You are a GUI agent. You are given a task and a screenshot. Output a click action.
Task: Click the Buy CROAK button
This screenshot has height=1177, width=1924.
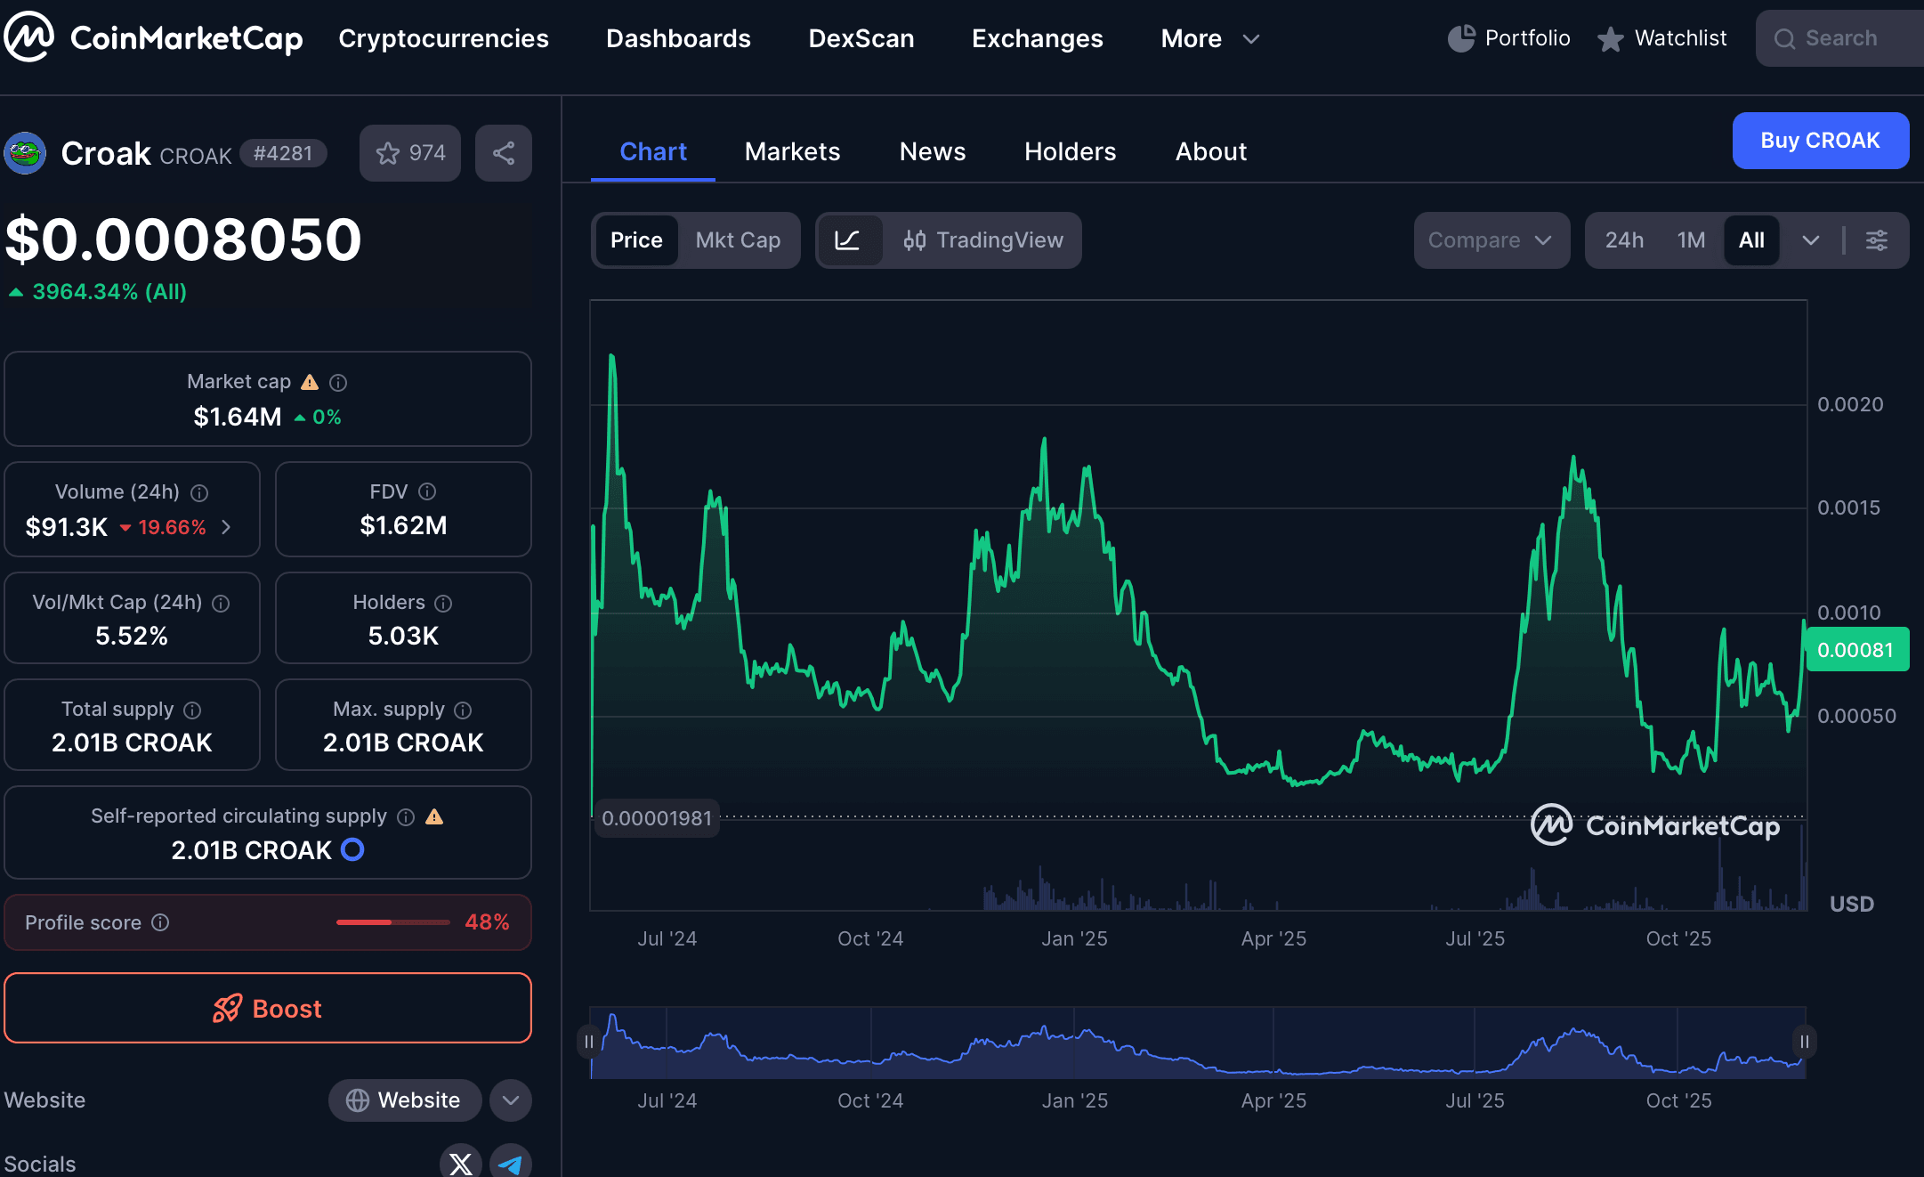coord(1820,141)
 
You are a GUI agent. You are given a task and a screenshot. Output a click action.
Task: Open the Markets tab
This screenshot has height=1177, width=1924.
coord(792,151)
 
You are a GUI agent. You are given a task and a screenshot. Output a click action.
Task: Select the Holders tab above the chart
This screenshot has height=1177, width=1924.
coord(1070,151)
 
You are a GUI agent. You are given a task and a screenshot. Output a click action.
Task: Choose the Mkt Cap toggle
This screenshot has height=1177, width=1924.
coord(738,240)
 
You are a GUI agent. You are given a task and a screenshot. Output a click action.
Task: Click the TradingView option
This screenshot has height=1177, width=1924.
coord(983,240)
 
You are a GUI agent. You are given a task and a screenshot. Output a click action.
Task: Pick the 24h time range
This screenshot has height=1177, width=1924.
coord(1624,240)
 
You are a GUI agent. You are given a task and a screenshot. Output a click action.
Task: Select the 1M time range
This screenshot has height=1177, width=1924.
coord(1691,240)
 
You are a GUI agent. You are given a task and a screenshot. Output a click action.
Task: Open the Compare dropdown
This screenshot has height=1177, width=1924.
coord(1491,240)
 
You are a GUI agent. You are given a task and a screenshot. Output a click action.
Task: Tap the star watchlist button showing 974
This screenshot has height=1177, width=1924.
coord(410,153)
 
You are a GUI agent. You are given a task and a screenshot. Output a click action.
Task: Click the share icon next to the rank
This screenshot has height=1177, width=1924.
coord(504,153)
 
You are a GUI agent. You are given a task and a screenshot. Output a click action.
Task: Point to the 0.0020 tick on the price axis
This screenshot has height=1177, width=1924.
coord(1850,404)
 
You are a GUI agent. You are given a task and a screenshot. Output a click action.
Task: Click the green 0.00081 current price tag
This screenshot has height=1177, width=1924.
coord(1855,650)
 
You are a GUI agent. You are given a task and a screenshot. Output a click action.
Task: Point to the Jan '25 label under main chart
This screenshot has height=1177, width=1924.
coord(1074,938)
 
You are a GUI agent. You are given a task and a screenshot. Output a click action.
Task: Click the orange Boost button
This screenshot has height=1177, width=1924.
coord(268,1008)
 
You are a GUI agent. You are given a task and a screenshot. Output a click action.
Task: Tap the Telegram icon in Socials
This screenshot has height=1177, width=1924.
coord(510,1163)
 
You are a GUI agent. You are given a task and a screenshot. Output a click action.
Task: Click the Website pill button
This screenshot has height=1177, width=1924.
coord(404,1100)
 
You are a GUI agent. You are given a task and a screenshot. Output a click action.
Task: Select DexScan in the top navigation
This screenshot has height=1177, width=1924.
coord(861,38)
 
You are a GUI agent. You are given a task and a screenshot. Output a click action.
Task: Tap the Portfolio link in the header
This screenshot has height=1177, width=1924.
coord(1509,38)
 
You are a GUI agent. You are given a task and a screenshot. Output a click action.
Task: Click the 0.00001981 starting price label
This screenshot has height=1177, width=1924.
coord(657,818)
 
